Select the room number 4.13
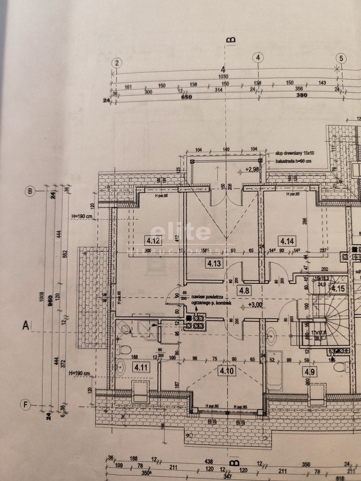(214, 264)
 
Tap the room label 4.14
(287, 241)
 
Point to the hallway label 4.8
(244, 290)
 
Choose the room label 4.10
(227, 371)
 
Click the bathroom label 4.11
(141, 367)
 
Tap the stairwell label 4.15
(337, 288)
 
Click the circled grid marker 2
(117, 63)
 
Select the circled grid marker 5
(341, 58)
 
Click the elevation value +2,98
(252, 170)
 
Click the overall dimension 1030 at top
(223, 77)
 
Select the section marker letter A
(26, 325)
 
